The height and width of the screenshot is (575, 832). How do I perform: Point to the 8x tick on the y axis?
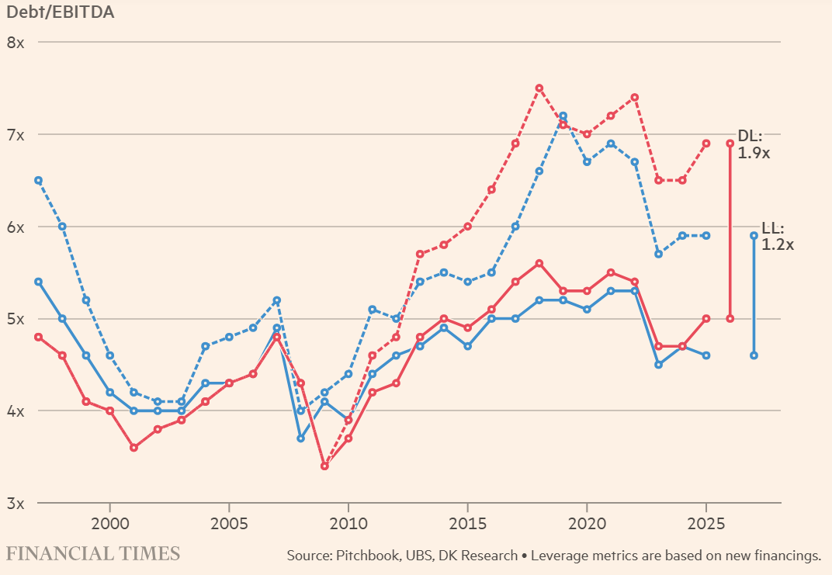click(x=16, y=42)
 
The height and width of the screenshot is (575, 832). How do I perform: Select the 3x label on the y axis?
click(x=16, y=504)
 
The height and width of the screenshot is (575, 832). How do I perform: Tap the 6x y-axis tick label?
click(x=16, y=227)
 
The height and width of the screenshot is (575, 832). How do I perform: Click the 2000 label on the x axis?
click(x=109, y=521)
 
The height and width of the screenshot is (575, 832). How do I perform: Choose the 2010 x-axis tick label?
click(x=348, y=521)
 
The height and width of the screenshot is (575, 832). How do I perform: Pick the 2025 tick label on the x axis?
click(x=706, y=521)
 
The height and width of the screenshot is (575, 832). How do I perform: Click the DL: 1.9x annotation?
click(x=753, y=145)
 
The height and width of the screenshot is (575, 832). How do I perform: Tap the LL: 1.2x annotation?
click(x=777, y=236)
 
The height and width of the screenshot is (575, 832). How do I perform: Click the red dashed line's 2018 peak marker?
click(x=539, y=88)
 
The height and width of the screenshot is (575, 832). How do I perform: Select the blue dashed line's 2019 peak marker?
click(x=563, y=116)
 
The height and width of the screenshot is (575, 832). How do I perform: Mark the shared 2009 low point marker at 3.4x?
click(x=324, y=466)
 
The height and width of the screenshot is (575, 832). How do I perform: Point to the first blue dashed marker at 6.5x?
click(x=38, y=180)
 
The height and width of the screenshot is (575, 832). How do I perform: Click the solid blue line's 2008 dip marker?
click(x=300, y=438)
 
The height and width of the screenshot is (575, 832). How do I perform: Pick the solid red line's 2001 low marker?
click(x=133, y=448)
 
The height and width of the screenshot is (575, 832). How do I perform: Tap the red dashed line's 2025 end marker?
click(x=706, y=144)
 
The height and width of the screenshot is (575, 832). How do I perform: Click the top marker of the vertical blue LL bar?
click(x=754, y=235)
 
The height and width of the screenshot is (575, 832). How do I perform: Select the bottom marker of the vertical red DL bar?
click(x=730, y=318)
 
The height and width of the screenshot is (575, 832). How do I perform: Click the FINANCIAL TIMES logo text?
click(x=93, y=554)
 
